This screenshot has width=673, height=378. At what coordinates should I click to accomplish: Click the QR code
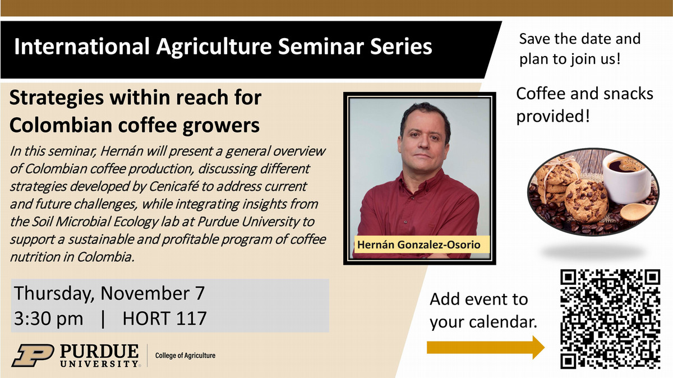pyautogui.click(x=610, y=319)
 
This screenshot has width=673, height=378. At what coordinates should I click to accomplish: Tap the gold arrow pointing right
pyautogui.click(x=486, y=348)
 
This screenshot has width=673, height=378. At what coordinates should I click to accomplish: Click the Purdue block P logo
pyautogui.click(x=33, y=356)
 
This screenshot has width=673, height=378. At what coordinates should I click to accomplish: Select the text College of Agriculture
pyautogui.click(x=186, y=356)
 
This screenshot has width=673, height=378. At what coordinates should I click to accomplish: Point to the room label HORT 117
pyautogui.click(x=164, y=318)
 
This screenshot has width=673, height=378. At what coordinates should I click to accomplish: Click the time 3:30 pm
pyautogui.click(x=49, y=319)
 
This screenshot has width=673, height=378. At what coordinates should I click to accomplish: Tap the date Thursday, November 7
pyautogui.click(x=109, y=293)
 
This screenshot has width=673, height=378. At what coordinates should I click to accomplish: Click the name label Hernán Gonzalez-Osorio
pyautogui.click(x=419, y=245)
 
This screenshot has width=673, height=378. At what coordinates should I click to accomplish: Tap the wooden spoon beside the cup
pyautogui.click(x=637, y=211)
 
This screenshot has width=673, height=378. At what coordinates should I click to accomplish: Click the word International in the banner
pyautogui.click(x=82, y=47)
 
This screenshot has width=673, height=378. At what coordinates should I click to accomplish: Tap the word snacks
pyautogui.click(x=628, y=94)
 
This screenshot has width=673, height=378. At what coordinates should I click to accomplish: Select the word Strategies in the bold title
pyautogui.click(x=57, y=98)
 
